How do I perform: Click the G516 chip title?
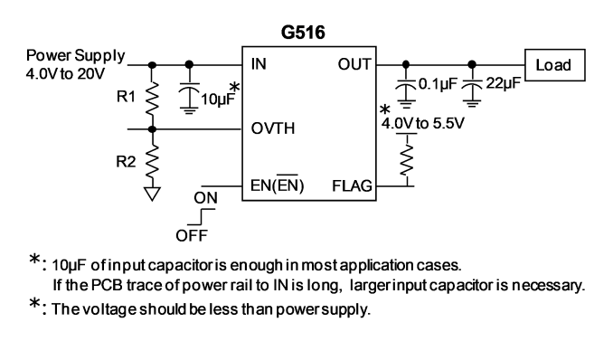[303, 33]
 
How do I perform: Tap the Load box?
[555, 65]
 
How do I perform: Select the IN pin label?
[259, 64]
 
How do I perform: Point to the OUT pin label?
[354, 64]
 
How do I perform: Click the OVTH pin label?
[273, 128]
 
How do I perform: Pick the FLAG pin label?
[352, 185]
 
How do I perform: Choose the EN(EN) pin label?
[278, 185]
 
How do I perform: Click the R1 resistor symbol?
[152, 99]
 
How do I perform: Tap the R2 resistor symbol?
[152, 163]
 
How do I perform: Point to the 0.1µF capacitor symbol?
[406, 92]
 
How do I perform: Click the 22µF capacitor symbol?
[472, 92]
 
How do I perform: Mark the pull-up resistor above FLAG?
[407, 160]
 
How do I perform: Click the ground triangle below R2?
[152, 194]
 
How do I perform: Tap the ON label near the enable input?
[205, 198]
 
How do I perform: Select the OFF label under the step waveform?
[192, 235]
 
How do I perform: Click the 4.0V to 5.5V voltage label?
[422, 124]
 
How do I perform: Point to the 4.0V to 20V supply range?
[65, 73]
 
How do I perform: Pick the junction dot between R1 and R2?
[152, 129]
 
